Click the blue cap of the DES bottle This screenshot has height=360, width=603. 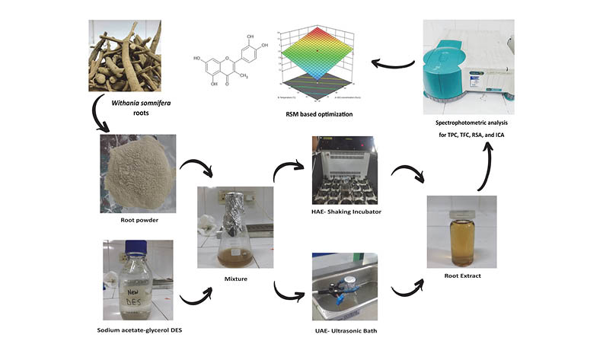pyautogui.click(x=136, y=247)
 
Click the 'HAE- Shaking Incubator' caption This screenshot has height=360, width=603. pyautogui.click(x=346, y=211)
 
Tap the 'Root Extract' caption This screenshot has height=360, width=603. pyautogui.click(x=461, y=276)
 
